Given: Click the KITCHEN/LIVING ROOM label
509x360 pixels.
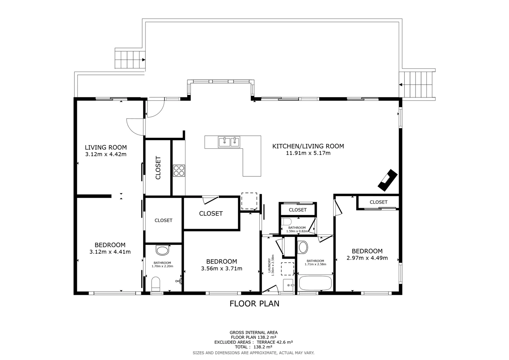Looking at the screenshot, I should point(308,146).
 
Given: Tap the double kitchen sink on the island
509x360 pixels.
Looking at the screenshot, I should point(229,142).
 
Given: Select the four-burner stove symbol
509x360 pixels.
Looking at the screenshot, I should point(179,171).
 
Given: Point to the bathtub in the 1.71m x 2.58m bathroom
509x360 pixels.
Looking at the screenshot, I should point(315,283).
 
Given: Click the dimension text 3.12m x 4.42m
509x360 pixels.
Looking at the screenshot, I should point(106,154).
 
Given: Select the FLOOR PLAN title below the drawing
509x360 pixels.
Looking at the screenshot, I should point(254,304).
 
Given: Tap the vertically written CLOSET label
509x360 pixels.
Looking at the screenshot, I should point(158,168).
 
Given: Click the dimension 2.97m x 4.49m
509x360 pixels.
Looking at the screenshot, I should point(367,258).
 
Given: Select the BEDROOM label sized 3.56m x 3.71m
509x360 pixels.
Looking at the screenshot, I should point(222,262).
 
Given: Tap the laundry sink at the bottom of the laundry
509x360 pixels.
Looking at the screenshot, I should point(288,285).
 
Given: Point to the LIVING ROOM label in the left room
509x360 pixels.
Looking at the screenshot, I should point(106,147).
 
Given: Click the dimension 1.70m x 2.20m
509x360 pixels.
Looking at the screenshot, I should point(162,266).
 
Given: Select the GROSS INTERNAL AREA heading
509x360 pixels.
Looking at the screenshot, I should point(254,332).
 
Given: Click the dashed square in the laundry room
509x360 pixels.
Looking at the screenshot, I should point(287,268).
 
